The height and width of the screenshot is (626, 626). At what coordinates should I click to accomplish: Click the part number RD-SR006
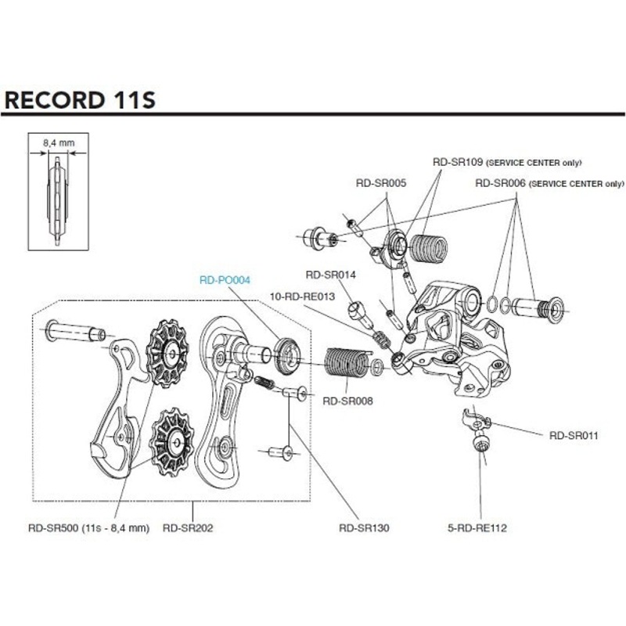[502, 183]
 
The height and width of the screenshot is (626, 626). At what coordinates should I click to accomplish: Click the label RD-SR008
[347, 400]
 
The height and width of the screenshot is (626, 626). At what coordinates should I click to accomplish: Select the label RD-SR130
[365, 527]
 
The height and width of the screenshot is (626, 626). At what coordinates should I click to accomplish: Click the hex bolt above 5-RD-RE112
[479, 445]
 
